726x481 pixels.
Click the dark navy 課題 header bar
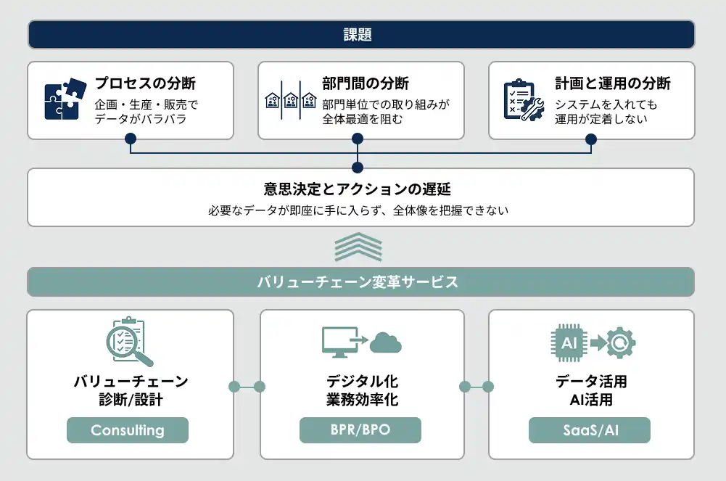(x=360, y=35)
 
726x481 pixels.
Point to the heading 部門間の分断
(x=366, y=83)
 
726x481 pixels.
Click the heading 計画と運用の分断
(x=613, y=83)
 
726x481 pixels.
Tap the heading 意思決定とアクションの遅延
(x=358, y=190)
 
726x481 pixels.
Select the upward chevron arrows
(x=358, y=247)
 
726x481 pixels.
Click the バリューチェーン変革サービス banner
(x=360, y=282)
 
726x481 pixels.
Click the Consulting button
(x=128, y=430)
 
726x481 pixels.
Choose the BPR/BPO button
(x=360, y=430)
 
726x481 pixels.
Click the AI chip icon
(x=569, y=342)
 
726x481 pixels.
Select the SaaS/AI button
(x=590, y=430)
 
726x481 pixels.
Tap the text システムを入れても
(x=606, y=104)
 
